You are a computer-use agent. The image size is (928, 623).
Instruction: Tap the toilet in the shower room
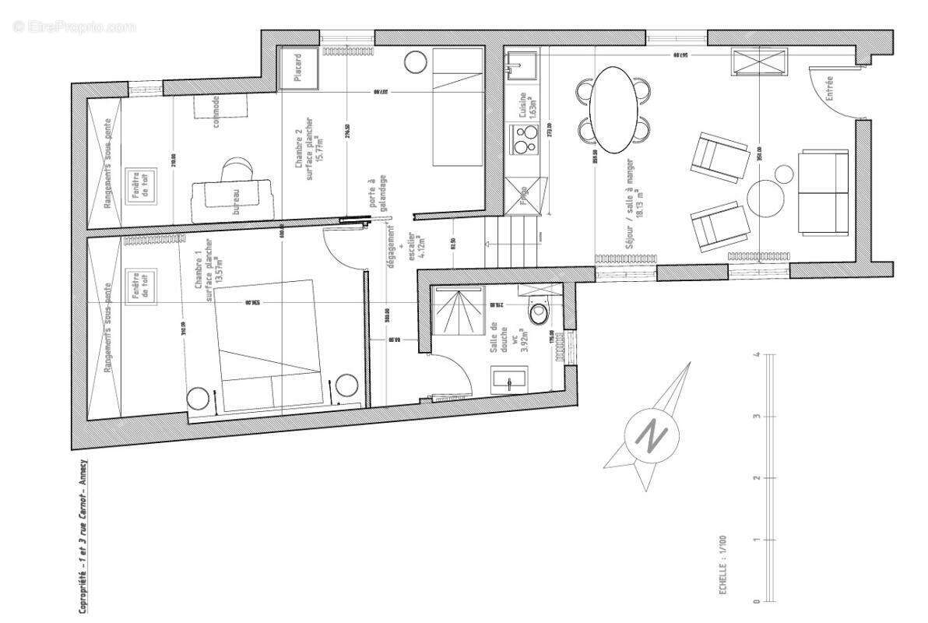pyautogui.click(x=537, y=312)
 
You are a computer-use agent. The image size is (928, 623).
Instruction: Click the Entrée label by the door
pyautogui.click(x=829, y=90)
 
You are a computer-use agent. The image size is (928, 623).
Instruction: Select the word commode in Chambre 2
pyautogui.click(x=215, y=111)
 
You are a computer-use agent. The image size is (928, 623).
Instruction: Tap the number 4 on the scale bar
pyautogui.click(x=756, y=355)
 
